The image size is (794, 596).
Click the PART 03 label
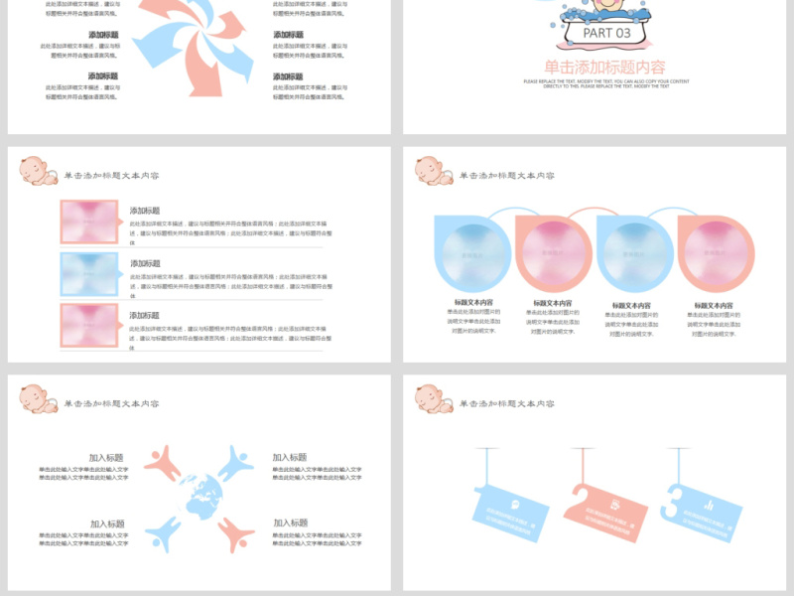(606, 33)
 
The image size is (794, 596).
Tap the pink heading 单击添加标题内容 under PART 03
(604, 67)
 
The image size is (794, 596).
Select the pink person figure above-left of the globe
(166, 461)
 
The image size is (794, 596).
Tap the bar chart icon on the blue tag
(709, 506)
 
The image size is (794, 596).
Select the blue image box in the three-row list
(89, 274)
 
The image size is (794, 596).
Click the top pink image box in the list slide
(89, 222)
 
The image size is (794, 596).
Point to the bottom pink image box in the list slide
(89, 326)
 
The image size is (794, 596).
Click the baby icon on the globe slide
(39, 398)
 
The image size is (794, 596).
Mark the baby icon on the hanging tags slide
(434, 398)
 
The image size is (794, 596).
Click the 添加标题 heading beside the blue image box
(145, 263)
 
